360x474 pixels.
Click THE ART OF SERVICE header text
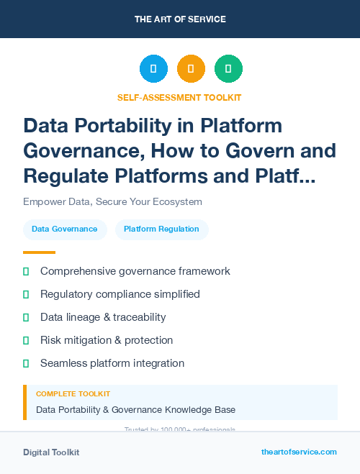180,19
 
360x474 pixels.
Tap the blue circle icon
153,69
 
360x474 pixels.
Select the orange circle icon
191,69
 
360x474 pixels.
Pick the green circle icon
228,69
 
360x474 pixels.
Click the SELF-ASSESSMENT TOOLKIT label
180,97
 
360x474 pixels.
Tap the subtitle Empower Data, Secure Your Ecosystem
112,202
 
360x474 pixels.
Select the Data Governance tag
65,229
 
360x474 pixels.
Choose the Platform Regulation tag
161,229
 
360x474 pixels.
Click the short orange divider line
39,252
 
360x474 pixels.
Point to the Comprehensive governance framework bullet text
135,271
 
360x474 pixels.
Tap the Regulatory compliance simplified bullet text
120,294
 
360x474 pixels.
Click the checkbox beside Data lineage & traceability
26,317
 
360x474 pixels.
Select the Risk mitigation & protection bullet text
107,340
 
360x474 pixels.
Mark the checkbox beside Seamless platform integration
26,363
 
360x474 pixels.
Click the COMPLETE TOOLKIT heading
73,394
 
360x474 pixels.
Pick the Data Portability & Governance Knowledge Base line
135,410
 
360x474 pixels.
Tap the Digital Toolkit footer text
51,452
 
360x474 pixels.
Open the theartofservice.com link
299,452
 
